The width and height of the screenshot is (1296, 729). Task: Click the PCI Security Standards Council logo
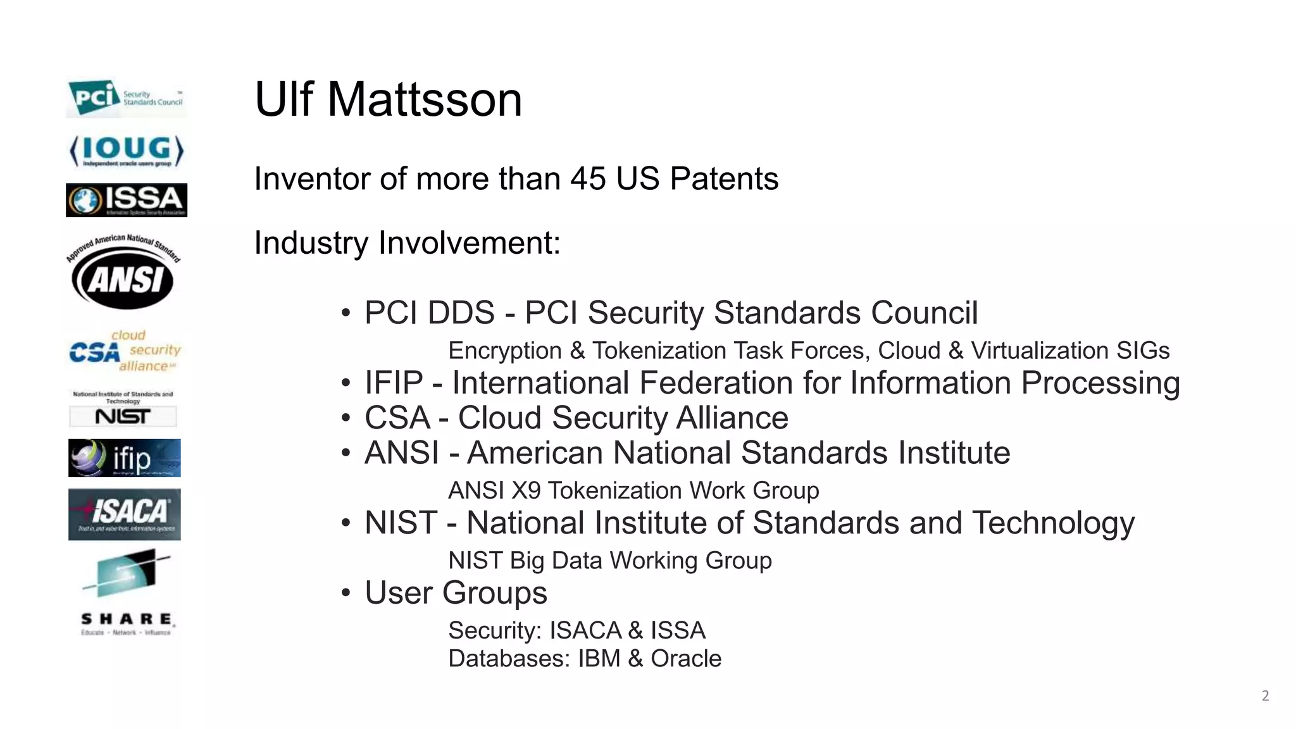click(126, 98)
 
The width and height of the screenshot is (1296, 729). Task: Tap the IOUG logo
click(126, 151)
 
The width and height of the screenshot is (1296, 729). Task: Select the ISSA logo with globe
click(126, 200)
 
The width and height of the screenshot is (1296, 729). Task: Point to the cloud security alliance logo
click(125, 351)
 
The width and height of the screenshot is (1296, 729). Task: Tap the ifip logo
click(125, 458)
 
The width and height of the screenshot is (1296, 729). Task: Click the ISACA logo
click(125, 514)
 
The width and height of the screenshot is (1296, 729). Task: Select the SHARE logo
click(127, 592)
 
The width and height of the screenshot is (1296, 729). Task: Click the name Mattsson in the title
click(424, 99)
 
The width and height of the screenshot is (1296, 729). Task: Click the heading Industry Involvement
click(407, 243)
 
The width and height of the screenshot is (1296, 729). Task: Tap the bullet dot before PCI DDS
click(346, 313)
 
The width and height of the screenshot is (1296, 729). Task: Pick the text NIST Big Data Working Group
click(609, 561)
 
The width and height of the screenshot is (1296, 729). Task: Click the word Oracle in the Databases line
click(685, 659)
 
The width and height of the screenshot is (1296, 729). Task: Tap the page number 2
click(1265, 696)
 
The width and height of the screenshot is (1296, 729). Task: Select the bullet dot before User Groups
click(346, 594)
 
